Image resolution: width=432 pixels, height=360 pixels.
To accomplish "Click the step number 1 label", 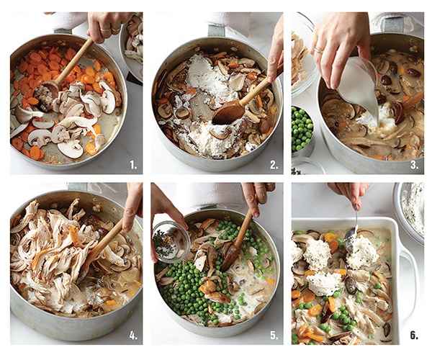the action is (133, 165).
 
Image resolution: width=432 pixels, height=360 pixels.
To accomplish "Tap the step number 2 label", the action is (274, 165).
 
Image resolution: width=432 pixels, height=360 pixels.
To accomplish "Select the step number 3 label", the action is (415, 165).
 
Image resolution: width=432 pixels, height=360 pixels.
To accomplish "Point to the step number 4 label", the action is (133, 336).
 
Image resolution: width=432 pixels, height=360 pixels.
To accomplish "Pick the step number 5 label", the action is (274, 336).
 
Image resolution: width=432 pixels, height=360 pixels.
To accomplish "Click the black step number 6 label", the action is (414, 336).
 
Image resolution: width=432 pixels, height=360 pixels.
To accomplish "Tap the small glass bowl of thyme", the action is (171, 241).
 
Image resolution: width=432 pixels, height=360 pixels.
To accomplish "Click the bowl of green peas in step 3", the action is (302, 130).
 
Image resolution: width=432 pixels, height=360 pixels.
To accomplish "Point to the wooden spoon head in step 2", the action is (229, 112).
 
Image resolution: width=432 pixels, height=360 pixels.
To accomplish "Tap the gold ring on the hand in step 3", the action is (319, 50).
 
